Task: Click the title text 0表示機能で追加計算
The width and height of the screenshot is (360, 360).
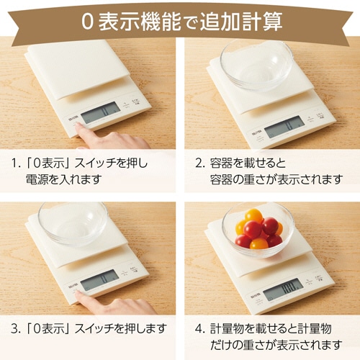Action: (181, 22)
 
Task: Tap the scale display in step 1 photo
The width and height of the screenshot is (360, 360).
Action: (101, 112)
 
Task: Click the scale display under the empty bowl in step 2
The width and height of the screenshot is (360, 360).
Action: (284, 127)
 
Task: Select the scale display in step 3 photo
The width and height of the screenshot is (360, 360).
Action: (100, 280)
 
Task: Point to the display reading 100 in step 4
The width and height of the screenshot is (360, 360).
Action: (283, 289)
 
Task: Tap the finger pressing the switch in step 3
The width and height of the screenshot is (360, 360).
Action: (113, 304)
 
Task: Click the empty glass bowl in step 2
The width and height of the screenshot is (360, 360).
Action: (257, 66)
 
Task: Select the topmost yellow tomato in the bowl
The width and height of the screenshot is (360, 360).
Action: (254, 215)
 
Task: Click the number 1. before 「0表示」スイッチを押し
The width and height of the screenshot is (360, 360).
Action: (17, 163)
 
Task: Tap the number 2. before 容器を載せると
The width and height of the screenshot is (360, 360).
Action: (200, 163)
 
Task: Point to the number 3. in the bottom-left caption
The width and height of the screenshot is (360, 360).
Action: (16, 329)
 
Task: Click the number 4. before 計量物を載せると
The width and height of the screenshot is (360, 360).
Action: (200, 329)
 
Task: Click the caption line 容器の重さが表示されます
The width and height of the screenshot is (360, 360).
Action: (276, 179)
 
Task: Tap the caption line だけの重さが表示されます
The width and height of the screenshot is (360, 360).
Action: (276, 345)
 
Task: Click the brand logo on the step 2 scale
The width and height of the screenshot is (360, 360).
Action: (258, 133)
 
